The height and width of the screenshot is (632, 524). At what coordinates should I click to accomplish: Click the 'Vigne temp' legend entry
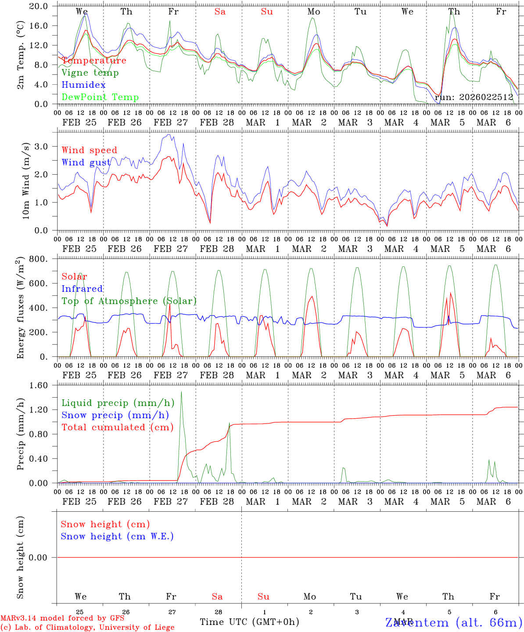(90, 73)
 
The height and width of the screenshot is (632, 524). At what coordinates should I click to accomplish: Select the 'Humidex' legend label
(83, 85)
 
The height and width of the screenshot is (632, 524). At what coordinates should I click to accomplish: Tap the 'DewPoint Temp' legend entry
(100, 97)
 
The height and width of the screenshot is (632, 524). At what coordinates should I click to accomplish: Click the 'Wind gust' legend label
(86, 162)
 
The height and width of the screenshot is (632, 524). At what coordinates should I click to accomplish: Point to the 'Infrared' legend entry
(82, 289)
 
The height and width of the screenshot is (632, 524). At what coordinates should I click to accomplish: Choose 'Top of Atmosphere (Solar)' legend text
(129, 301)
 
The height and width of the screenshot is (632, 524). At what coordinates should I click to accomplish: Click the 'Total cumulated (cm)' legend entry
(117, 427)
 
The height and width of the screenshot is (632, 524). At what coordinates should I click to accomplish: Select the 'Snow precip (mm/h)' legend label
(115, 415)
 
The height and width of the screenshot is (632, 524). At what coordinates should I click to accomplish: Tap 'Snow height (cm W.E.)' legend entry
(117, 536)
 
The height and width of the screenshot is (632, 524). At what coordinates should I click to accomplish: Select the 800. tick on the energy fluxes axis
(38, 259)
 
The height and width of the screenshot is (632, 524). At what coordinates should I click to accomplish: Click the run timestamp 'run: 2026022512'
(474, 97)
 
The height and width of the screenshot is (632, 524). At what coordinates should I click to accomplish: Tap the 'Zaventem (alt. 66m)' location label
(454, 623)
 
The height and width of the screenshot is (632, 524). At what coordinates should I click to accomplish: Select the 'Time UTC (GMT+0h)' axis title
(249, 622)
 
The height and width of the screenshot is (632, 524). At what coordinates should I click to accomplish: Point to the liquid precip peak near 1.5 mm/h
(181, 392)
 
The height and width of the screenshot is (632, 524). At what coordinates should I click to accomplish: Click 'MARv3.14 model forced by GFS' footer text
(62, 618)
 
